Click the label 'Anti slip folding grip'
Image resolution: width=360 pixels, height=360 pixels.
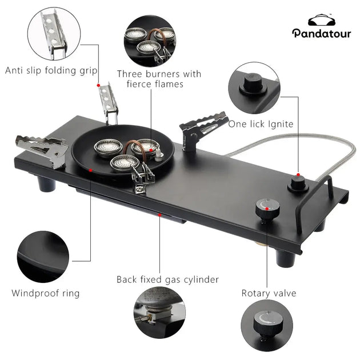coord(51,71)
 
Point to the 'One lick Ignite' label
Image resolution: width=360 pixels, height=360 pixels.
coord(261,123)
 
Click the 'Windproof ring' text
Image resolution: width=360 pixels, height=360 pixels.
coord(46,293)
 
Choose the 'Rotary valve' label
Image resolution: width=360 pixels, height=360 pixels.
coord(269,293)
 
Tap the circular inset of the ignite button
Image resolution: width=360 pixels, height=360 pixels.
coord(254,88)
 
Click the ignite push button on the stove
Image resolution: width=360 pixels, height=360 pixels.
coord(298,182)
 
